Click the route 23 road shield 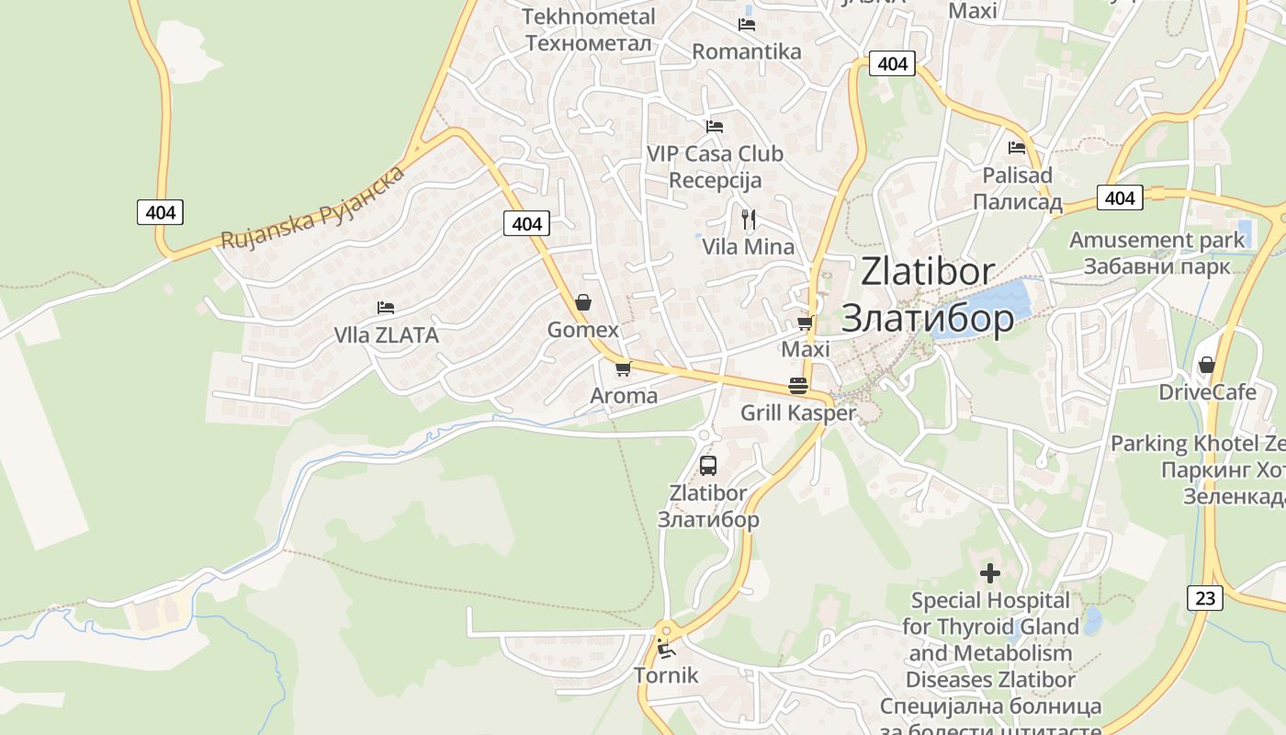(x=1205, y=598)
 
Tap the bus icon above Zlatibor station (x=707, y=465)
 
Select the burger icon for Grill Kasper (x=797, y=386)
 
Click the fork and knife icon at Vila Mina (x=749, y=219)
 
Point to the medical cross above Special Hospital (x=989, y=573)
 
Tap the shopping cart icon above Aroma (x=623, y=368)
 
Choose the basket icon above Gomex (x=582, y=301)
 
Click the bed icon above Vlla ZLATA (x=386, y=308)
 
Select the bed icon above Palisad (x=1017, y=147)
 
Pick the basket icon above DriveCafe (x=1206, y=365)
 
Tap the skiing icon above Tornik (x=666, y=649)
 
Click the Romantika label (x=747, y=51)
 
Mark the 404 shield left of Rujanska (x=160, y=212)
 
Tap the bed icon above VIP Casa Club (x=714, y=127)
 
